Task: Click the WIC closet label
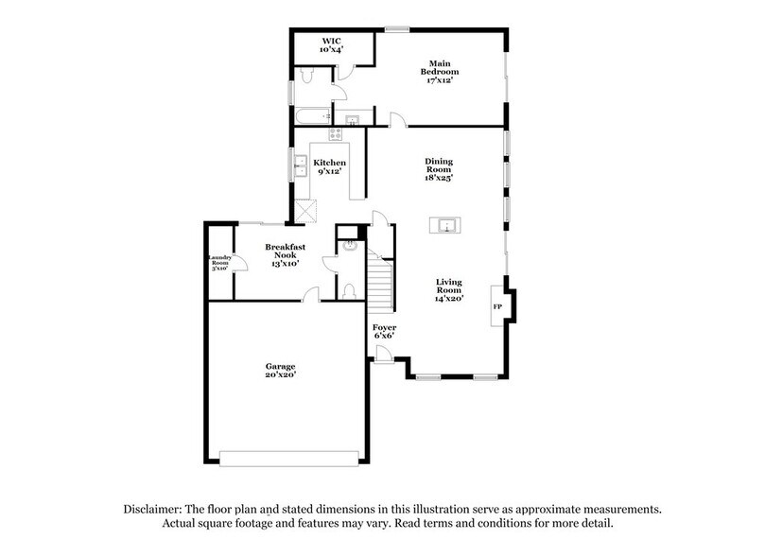click(331, 44)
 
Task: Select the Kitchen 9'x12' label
click(329, 167)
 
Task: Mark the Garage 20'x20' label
click(280, 371)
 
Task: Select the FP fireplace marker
click(497, 307)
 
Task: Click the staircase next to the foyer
click(380, 287)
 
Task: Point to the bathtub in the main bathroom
click(312, 117)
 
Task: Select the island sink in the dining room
click(444, 225)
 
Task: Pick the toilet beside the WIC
click(305, 75)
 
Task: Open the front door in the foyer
click(383, 354)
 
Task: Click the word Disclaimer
click(155, 509)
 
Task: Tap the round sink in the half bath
click(349, 244)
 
